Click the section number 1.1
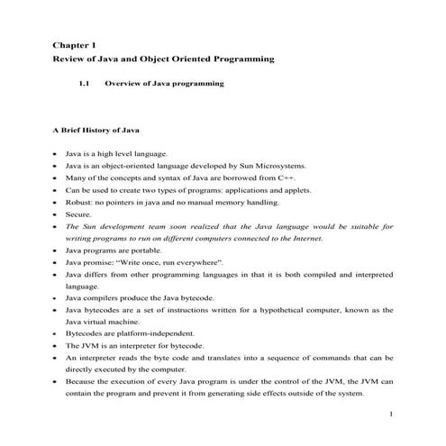85,84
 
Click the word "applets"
276,191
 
